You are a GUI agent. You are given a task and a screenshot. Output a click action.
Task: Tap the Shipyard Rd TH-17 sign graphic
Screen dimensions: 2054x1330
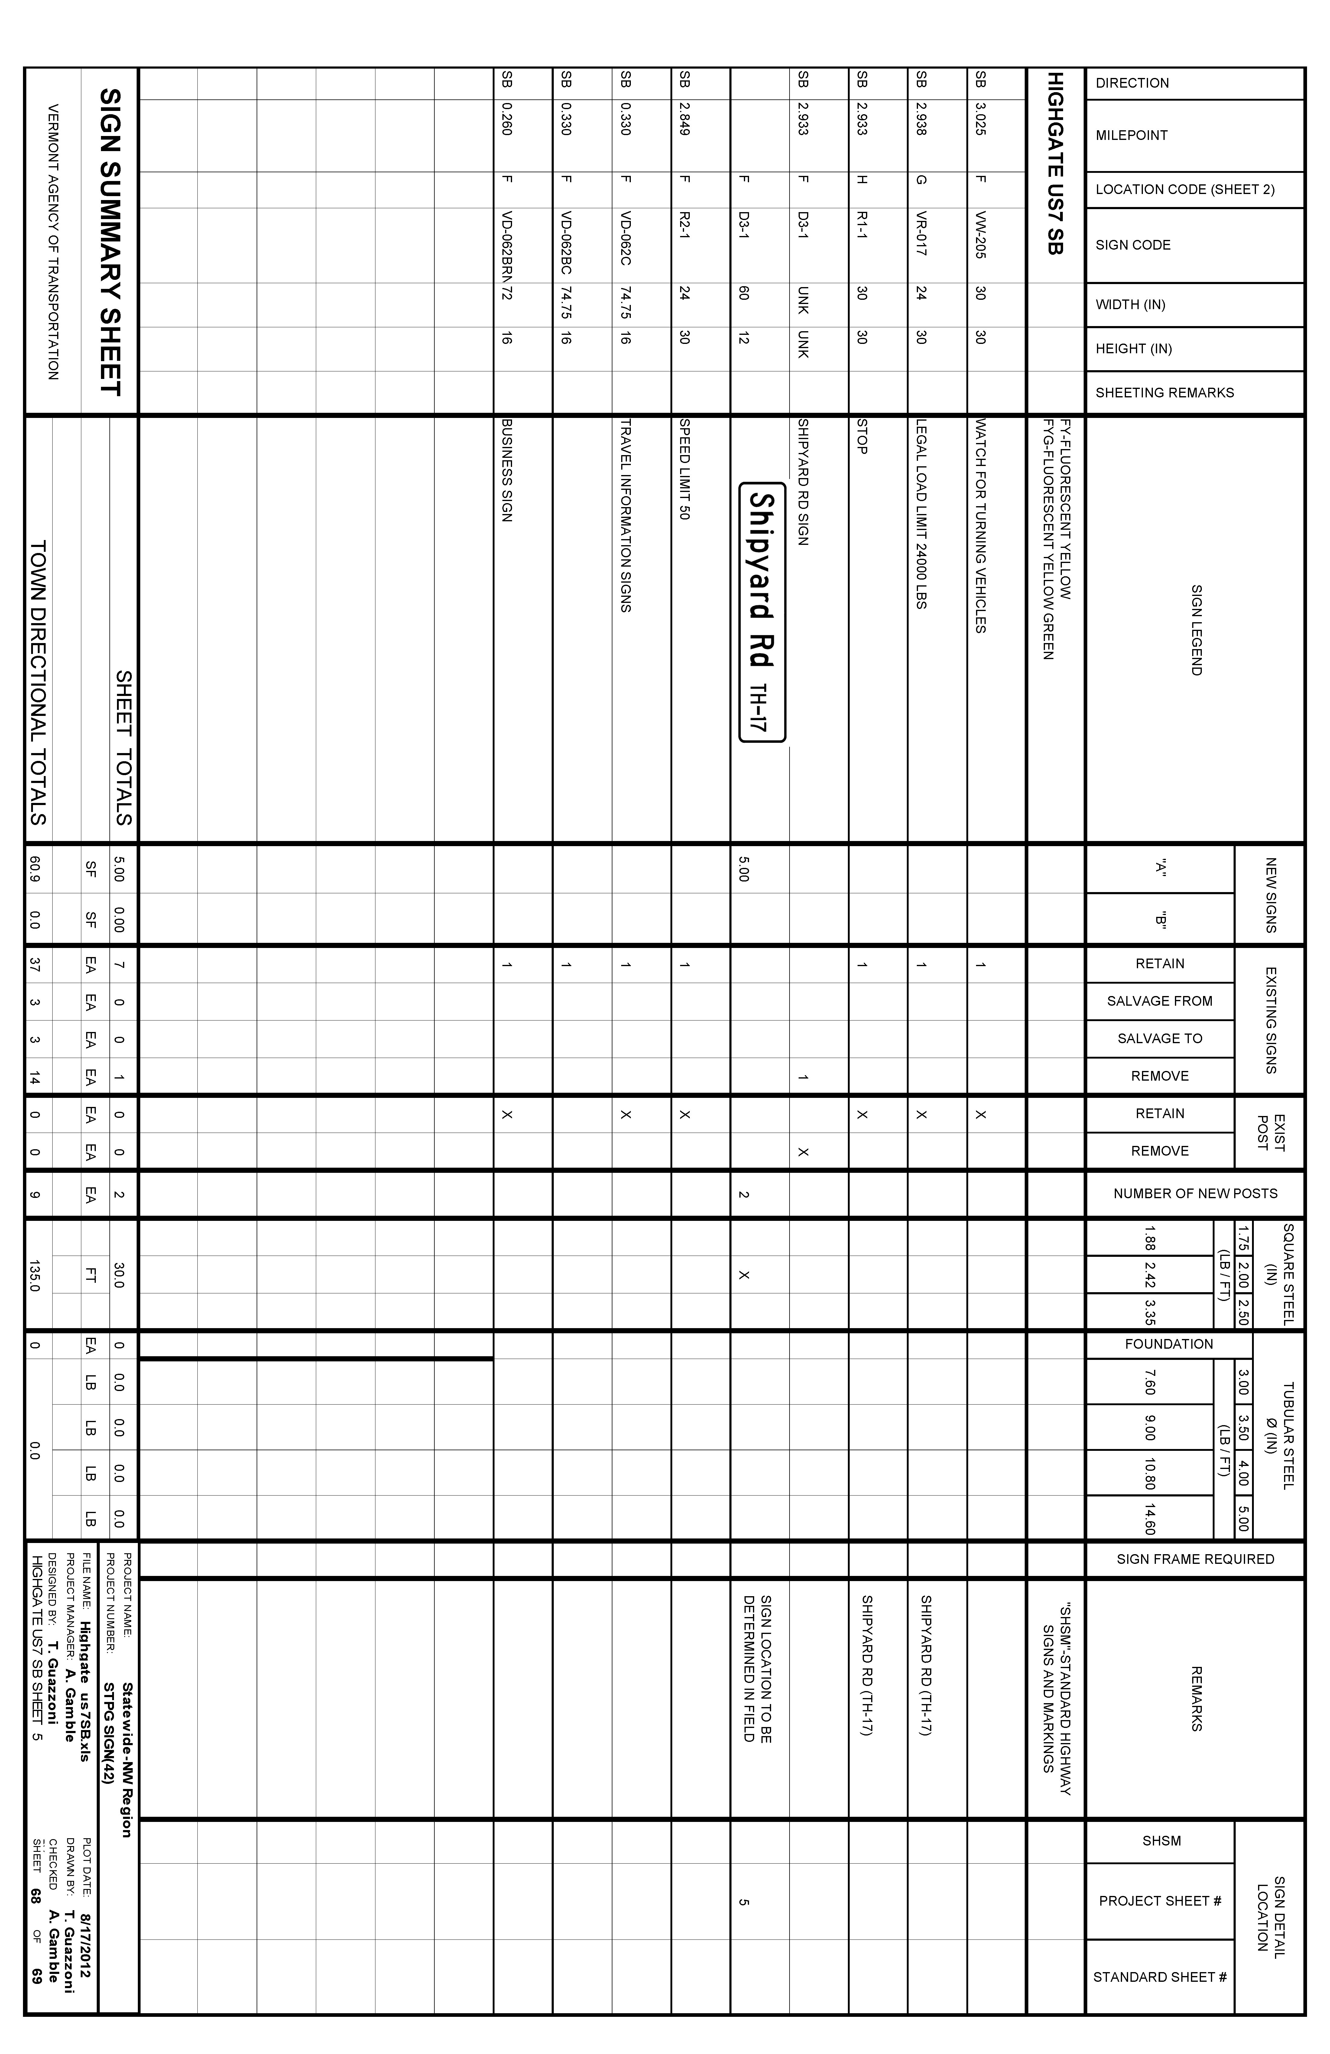tap(761, 612)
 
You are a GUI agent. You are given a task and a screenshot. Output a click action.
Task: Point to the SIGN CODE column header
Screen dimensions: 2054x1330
tap(1132, 245)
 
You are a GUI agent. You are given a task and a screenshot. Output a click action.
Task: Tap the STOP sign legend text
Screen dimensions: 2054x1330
tap(861, 437)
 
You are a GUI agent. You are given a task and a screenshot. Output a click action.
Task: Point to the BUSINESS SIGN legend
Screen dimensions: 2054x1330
tap(507, 470)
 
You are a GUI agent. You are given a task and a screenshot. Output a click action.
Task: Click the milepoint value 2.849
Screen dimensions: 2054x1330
tap(683, 118)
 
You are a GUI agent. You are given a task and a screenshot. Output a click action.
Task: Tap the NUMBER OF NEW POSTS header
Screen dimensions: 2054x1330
tap(1195, 1194)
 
